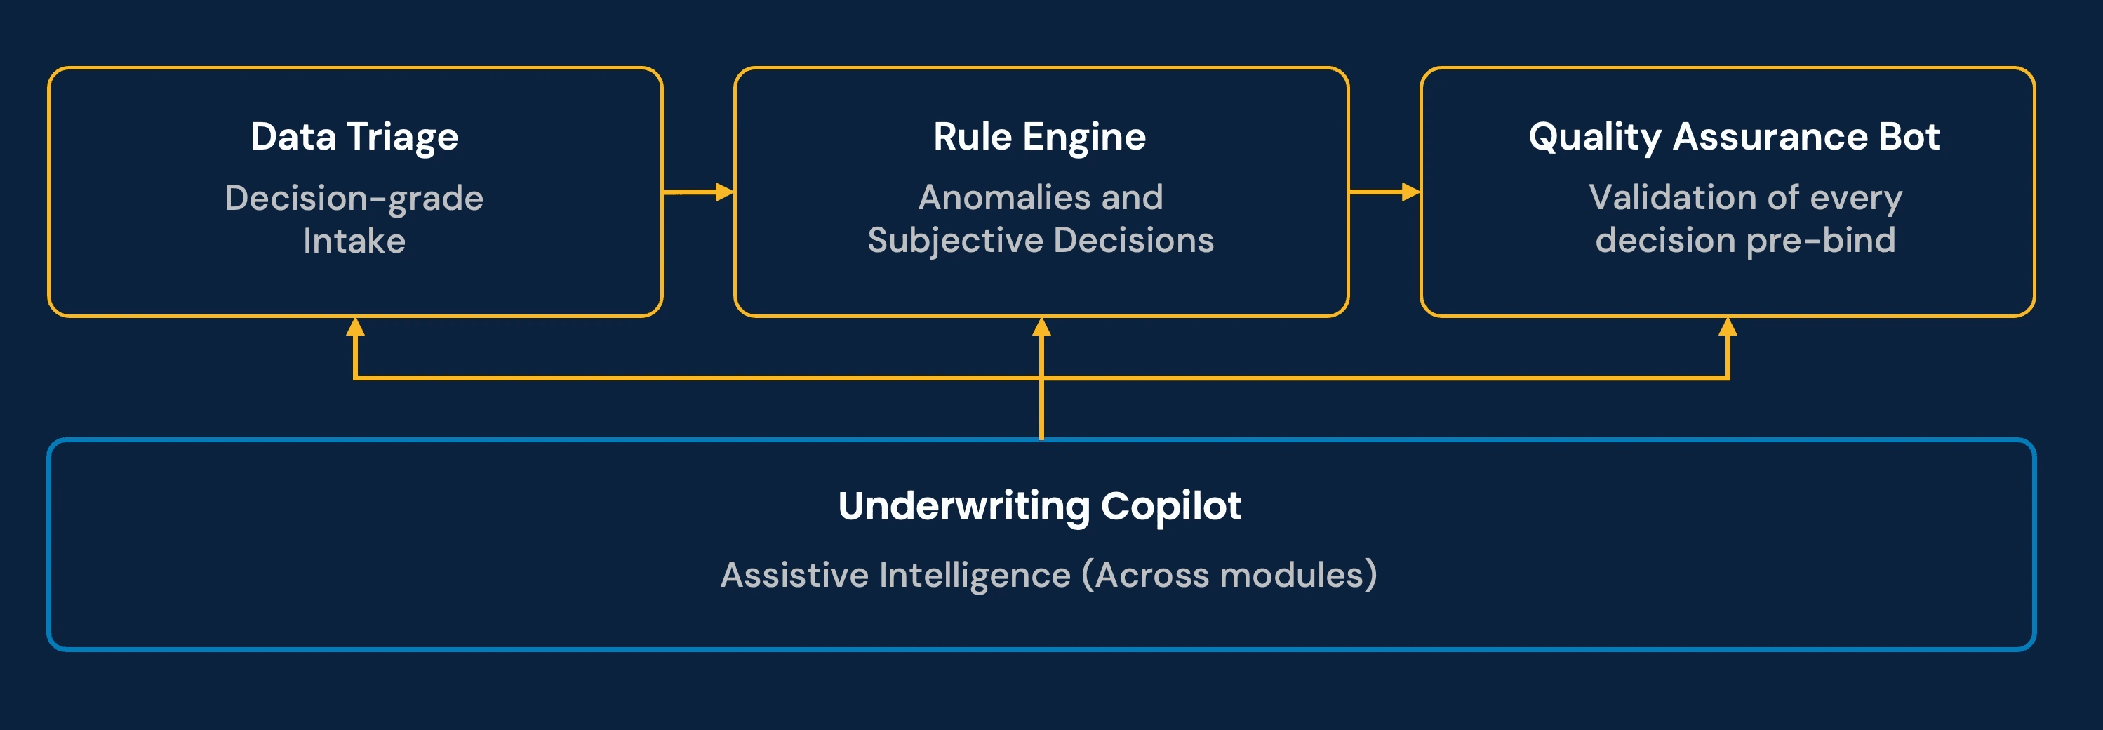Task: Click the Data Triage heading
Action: point(354,136)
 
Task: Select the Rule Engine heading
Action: point(1039,136)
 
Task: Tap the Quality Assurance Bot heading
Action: point(1733,136)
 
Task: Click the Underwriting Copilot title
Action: point(1039,505)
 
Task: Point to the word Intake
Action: point(354,241)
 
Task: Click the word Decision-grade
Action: point(354,199)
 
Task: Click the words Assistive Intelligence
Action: point(895,575)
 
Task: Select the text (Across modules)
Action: point(1229,575)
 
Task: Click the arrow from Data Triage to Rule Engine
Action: point(698,192)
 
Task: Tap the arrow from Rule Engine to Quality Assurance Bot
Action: point(1384,192)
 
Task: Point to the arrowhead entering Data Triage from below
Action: point(354,327)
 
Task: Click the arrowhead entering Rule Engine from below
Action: point(1041,327)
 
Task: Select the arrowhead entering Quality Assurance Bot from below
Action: point(1728,327)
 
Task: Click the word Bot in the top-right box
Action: point(1909,136)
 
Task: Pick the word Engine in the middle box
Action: point(1084,136)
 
